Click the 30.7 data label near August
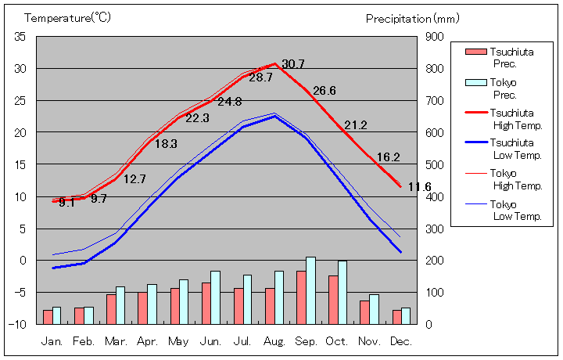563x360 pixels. click(x=293, y=64)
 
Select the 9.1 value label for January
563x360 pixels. click(x=66, y=203)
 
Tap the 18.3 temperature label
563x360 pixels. click(x=166, y=144)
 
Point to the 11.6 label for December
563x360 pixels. click(x=419, y=187)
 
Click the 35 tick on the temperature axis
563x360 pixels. click(x=20, y=37)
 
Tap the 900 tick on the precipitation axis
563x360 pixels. click(x=435, y=37)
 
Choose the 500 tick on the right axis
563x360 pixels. click(x=435, y=164)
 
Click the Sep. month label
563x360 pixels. click(x=307, y=342)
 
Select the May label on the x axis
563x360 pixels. click(x=178, y=342)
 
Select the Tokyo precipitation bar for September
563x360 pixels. click(x=310, y=290)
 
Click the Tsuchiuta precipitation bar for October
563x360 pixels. click(x=333, y=300)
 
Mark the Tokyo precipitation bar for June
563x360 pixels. click(x=215, y=297)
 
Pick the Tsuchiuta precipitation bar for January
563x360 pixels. click(x=48, y=317)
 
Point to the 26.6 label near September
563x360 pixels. click(x=324, y=91)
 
